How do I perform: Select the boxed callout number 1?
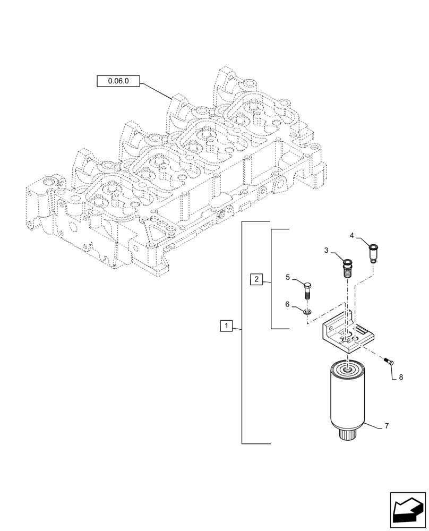[226, 326]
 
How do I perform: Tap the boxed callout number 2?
[256, 279]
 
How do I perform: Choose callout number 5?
[288, 277]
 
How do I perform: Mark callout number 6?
[288, 304]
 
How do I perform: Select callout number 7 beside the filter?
[387, 426]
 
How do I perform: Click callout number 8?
[401, 378]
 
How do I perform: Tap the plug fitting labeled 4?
[373, 252]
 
